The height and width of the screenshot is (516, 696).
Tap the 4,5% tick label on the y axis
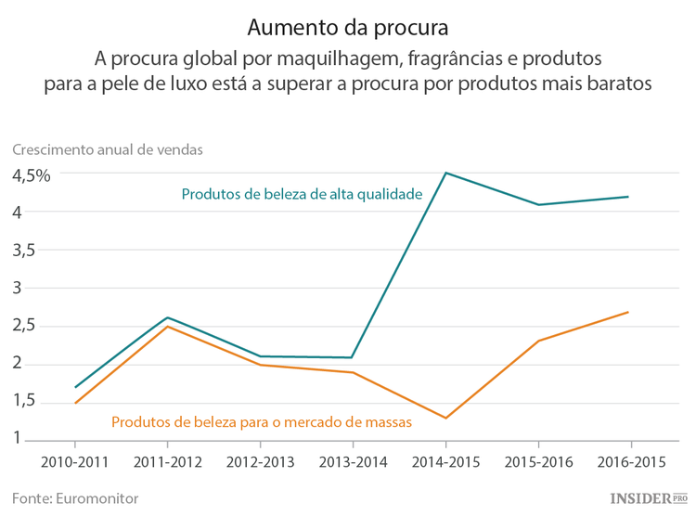[31, 174]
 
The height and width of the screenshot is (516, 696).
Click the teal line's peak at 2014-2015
[445, 173]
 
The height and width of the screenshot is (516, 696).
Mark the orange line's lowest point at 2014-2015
[445, 419]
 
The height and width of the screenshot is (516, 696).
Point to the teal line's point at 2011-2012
[168, 317]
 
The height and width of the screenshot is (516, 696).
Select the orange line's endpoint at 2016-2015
[629, 312]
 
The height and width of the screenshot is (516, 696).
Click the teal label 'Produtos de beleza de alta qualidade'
[303, 195]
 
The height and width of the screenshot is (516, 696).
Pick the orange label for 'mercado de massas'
[262, 421]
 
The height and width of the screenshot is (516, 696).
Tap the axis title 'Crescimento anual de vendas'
[108, 148]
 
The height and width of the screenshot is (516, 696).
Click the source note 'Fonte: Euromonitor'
[75, 498]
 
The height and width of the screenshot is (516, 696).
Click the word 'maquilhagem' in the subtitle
[330, 58]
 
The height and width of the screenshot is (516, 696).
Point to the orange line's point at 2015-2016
[537, 341]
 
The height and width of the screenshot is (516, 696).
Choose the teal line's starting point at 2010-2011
[76, 387]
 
